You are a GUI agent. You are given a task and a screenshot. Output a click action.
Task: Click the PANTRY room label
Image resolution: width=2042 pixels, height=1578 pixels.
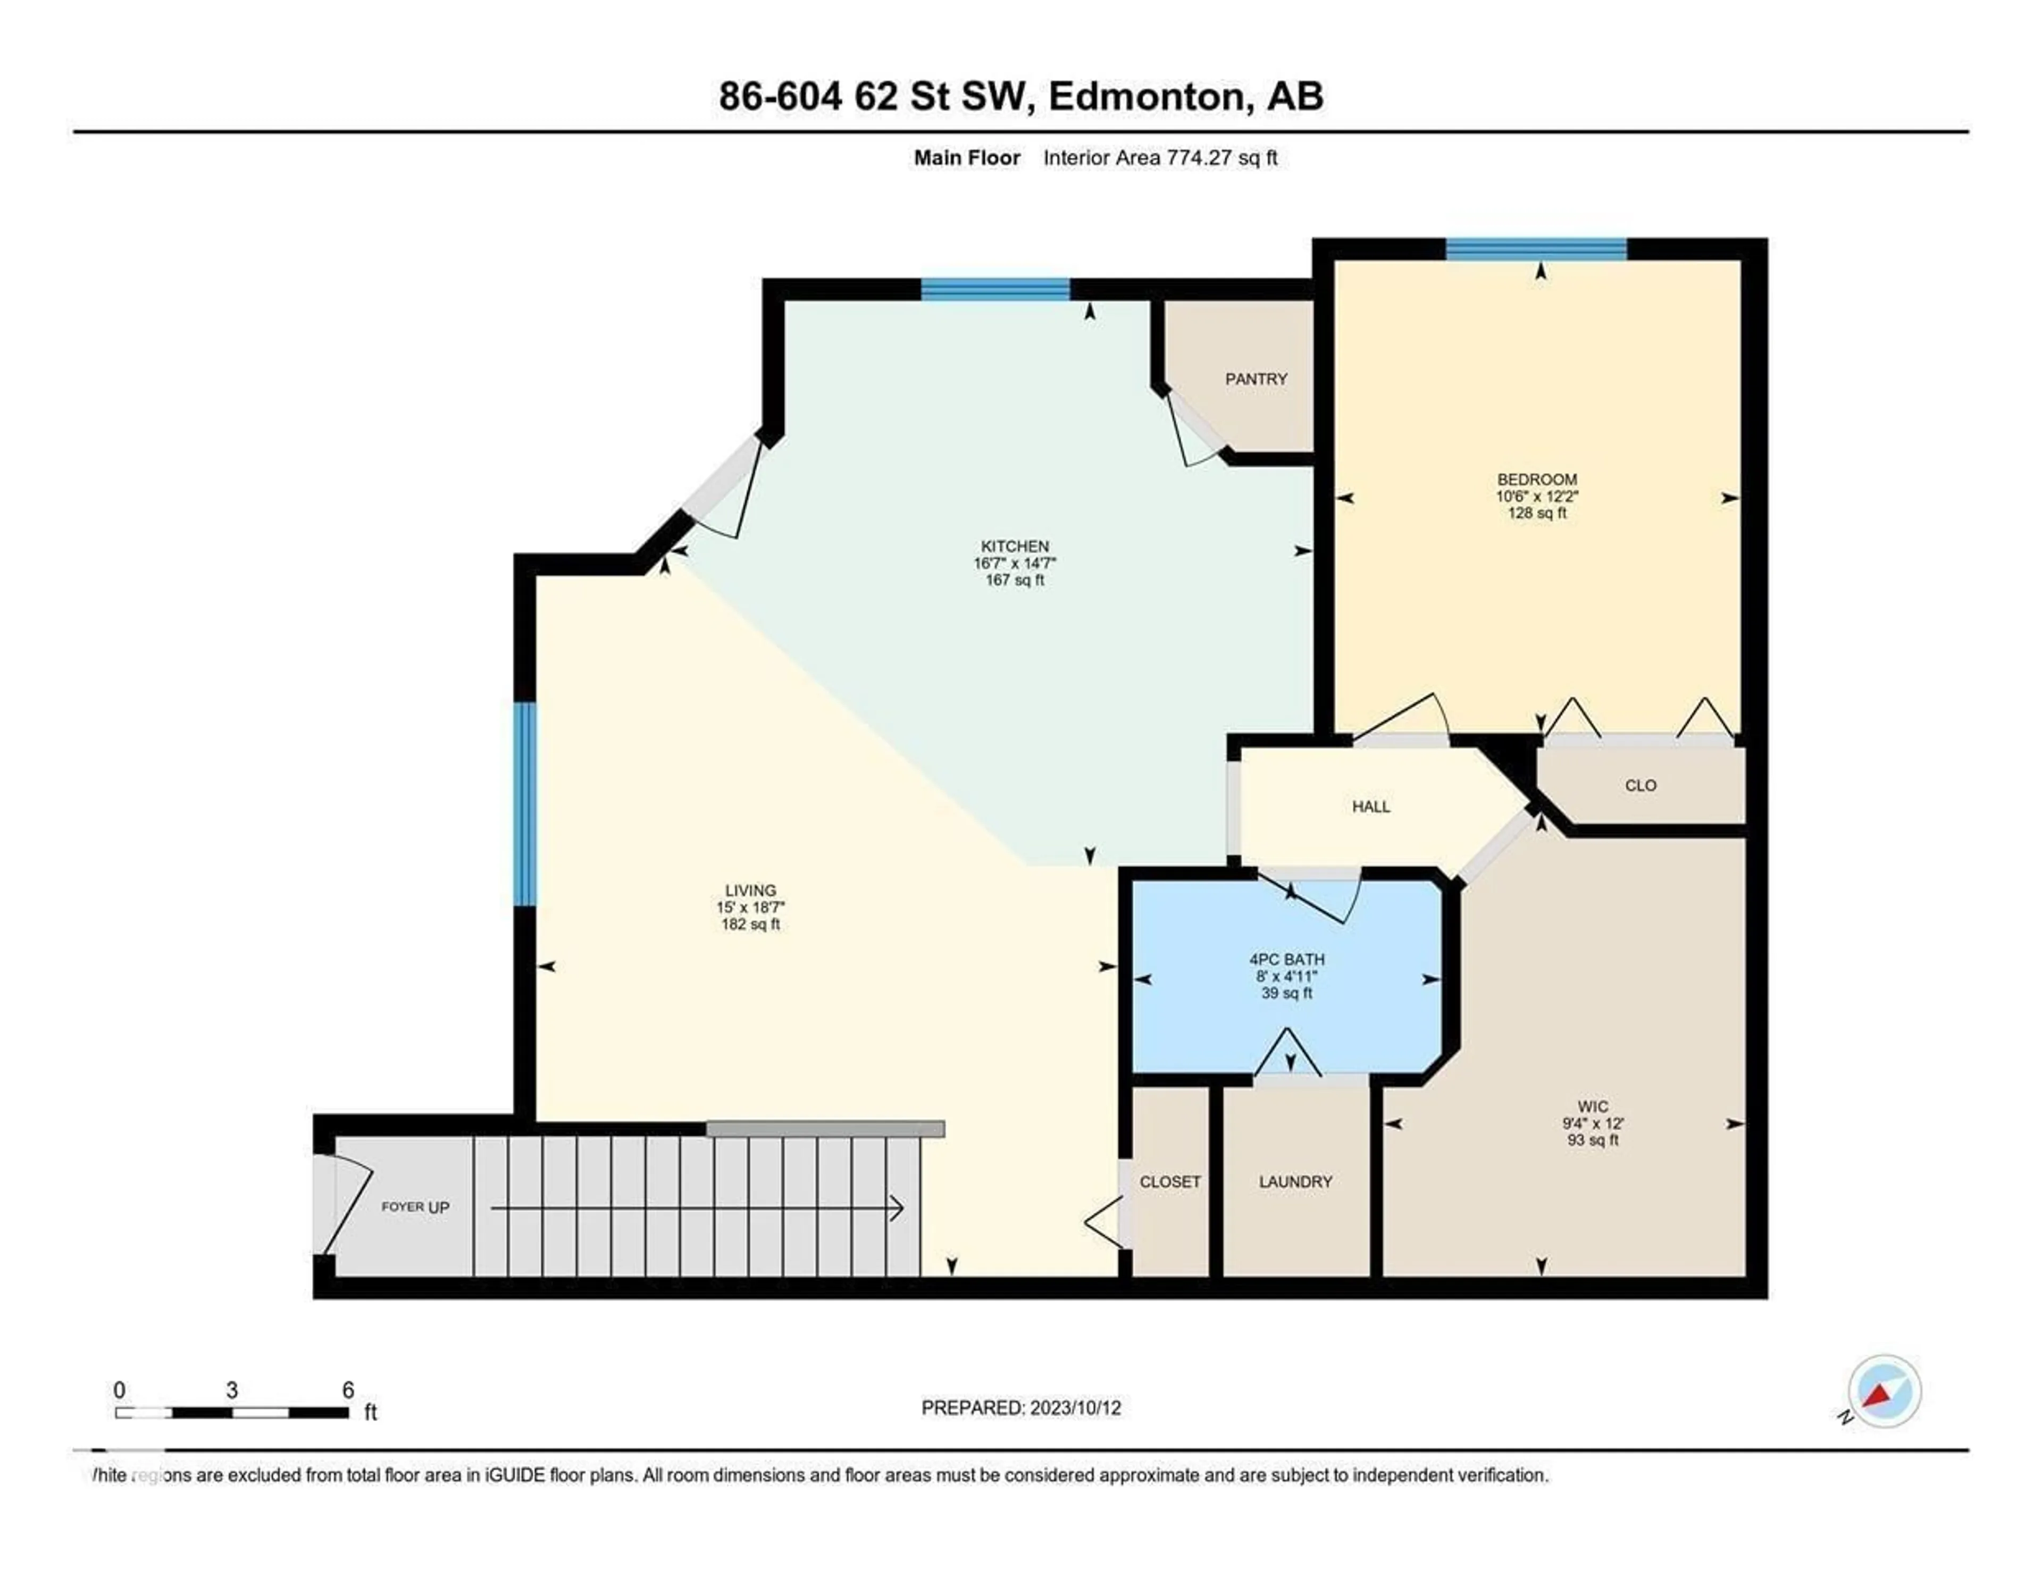coord(1256,379)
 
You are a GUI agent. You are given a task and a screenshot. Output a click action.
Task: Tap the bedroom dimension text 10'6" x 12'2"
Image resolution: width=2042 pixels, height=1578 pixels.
coord(1536,497)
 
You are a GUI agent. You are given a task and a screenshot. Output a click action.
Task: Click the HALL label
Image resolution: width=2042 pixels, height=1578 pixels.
coord(1371,807)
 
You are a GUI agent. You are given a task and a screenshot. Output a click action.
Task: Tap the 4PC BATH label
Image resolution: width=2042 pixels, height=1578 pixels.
coord(1286,959)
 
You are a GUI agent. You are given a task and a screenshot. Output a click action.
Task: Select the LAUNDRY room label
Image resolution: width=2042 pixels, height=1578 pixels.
coord(1295,1181)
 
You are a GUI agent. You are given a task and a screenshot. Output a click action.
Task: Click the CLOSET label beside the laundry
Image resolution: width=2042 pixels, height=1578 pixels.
coord(1170,1181)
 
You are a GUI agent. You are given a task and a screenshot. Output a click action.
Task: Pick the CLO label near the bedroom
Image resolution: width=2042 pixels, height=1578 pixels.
coord(1640,785)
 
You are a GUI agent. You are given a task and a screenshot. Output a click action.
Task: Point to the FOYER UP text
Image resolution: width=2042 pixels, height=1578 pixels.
coord(415,1207)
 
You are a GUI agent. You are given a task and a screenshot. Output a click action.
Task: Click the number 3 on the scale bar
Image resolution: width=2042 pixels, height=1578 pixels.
coord(232,1390)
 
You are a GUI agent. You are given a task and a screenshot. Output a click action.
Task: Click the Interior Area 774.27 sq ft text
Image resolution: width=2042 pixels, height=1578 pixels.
coord(1159,158)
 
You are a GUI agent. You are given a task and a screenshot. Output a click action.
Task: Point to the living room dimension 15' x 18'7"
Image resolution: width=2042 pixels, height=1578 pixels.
coord(750,907)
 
